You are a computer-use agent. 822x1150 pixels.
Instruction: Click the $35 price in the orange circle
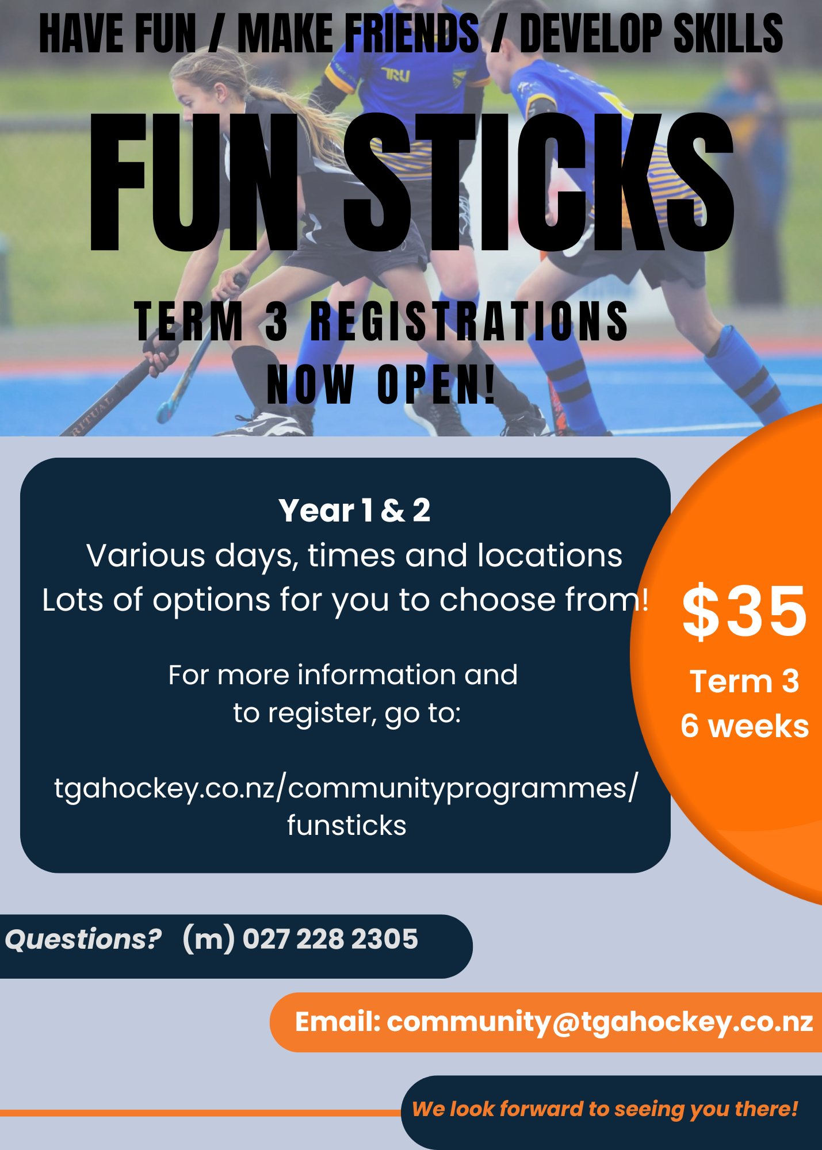tap(744, 611)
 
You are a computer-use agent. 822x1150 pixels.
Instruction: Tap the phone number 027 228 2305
tap(330, 939)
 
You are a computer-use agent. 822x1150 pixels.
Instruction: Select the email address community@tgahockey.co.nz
tap(600, 1022)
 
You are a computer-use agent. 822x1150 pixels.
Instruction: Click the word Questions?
tap(83, 940)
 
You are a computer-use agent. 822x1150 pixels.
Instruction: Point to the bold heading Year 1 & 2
tap(354, 510)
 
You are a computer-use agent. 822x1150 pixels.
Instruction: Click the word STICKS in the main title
tap(538, 183)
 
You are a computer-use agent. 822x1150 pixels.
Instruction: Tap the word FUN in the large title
tap(194, 183)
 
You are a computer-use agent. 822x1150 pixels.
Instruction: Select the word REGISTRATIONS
tap(469, 321)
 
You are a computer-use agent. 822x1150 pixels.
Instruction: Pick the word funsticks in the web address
tap(347, 826)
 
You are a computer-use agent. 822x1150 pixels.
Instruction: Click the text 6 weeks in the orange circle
tap(745, 726)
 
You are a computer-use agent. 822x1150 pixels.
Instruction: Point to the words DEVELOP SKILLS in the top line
tap(651, 34)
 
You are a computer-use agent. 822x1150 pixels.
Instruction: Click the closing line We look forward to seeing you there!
tap(605, 1109)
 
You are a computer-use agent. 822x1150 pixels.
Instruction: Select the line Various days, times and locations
tap(354, 557)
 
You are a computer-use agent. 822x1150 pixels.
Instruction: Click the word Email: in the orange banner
tap(338, 1022)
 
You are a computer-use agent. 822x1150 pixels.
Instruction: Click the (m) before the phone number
tap(208, 940)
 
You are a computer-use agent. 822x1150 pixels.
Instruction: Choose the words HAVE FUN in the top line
tap(118, 34)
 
